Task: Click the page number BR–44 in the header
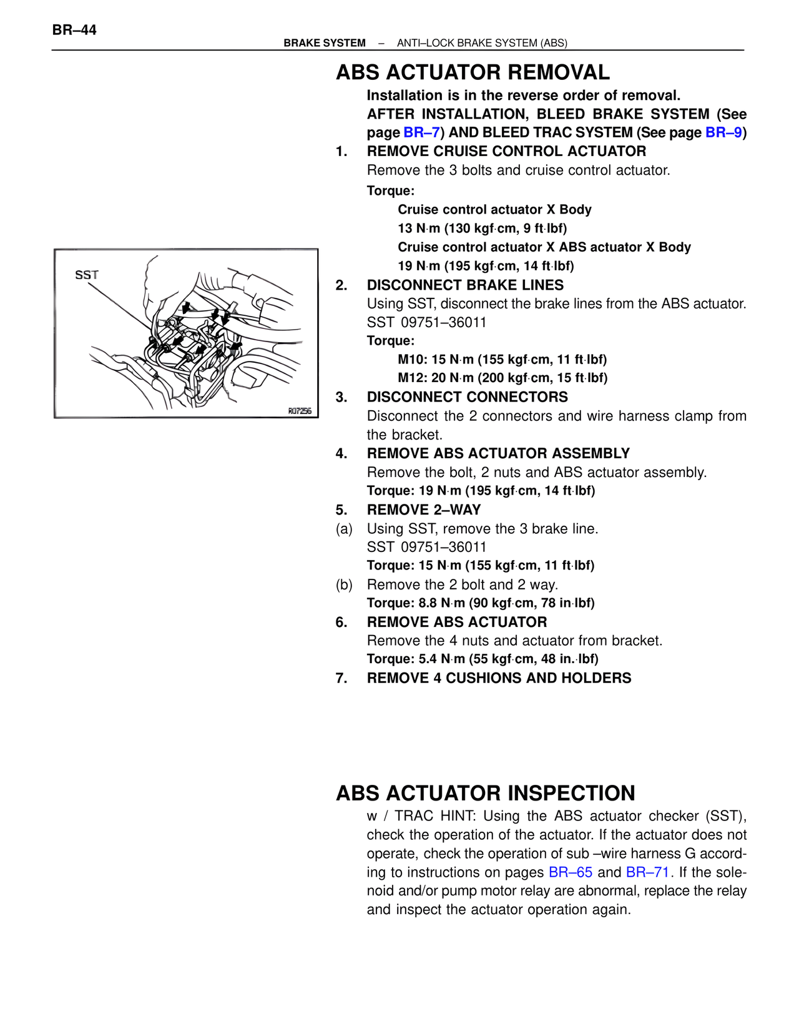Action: [x=74, y=30]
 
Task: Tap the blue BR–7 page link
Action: [x=422, y=132]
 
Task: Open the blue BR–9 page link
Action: [x=723, y=132]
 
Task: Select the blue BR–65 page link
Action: [x=571, y=872]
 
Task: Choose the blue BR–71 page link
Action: [x=648, y=872]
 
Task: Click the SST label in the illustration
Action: [x=87, y=275]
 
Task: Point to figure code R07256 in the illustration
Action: [x=300, y=411]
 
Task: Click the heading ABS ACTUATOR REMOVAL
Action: [x=473, y=72]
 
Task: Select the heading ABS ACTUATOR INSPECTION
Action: [x=485, y=793]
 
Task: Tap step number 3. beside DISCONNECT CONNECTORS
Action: [x=341, y=397]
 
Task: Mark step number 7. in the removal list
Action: [x=341, y=678]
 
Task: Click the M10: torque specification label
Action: [x=413, y=360]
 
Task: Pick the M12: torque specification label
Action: [x=413, y=378]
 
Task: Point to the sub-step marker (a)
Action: [x=344, y=529]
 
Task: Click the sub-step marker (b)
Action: [x=344, y=585]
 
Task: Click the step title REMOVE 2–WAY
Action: [x=424, y=510]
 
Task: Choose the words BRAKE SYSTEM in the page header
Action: [x=325, y=43]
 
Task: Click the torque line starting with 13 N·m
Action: [x=482, y=229]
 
